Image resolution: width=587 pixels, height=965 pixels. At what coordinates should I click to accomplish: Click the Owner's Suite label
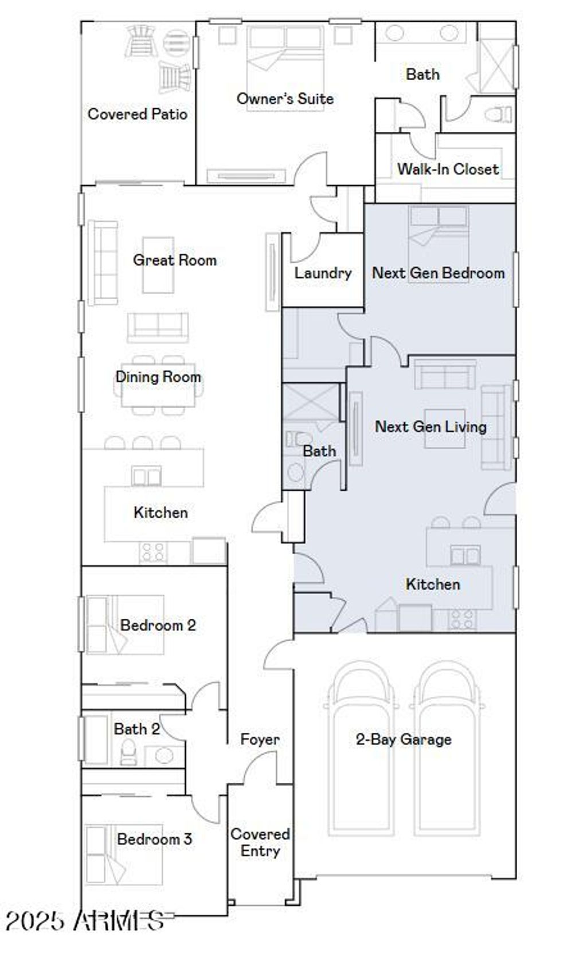285,99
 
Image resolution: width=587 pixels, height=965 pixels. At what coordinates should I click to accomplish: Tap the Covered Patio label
138,114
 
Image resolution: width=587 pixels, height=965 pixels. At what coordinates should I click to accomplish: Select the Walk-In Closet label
448,169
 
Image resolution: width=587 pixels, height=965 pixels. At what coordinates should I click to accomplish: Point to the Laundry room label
323,273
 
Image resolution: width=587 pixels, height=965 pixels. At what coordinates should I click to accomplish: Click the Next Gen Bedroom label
439,273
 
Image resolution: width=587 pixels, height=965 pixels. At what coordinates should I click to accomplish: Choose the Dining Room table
158,385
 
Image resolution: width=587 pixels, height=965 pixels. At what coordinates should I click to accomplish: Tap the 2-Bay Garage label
404,739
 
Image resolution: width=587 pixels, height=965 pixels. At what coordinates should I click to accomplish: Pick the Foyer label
260,739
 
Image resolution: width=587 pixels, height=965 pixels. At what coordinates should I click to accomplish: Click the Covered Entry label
260,842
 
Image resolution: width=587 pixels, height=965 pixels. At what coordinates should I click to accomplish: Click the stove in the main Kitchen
153,552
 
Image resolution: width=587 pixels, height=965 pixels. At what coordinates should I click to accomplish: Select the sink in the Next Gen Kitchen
465,555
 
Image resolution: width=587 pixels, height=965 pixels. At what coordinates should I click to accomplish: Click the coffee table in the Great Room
158,265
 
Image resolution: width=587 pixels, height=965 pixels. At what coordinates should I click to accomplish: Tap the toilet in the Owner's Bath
498,114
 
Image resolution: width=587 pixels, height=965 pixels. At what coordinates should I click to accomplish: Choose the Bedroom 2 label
158,625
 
